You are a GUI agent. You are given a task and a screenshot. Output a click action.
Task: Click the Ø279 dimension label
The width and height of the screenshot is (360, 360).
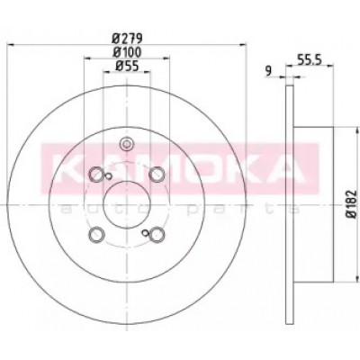(127, 38)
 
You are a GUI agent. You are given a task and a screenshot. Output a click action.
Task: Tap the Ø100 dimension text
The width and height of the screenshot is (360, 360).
(127, 52)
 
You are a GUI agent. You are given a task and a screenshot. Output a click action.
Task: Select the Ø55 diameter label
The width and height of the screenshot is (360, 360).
(127, 67)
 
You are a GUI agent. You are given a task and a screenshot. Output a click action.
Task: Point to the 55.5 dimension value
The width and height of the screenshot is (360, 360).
(310, 59)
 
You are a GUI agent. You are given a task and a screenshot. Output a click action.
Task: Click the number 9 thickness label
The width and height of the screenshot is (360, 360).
(268, 71)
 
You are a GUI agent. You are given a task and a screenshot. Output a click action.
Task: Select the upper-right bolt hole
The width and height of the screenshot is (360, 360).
(157, 174)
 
